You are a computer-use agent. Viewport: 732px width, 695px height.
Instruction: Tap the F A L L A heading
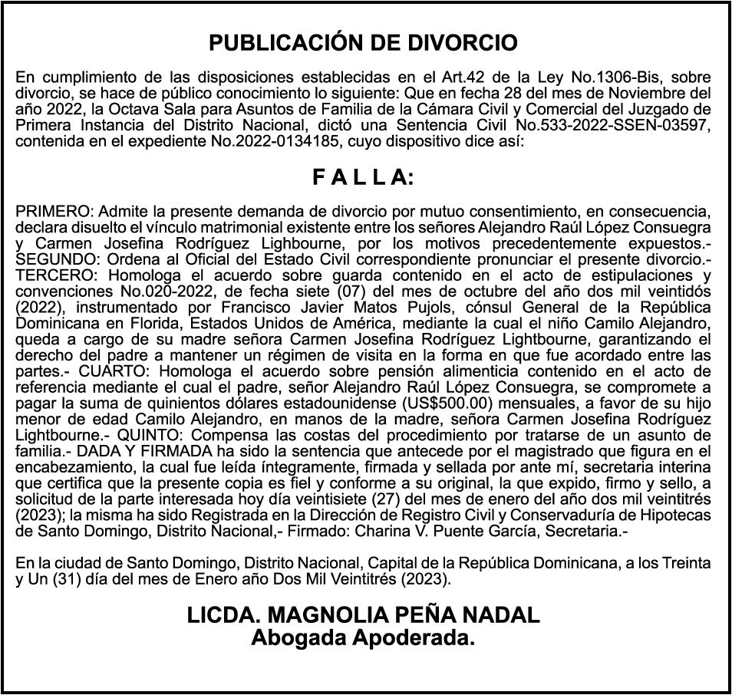point(363,178)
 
